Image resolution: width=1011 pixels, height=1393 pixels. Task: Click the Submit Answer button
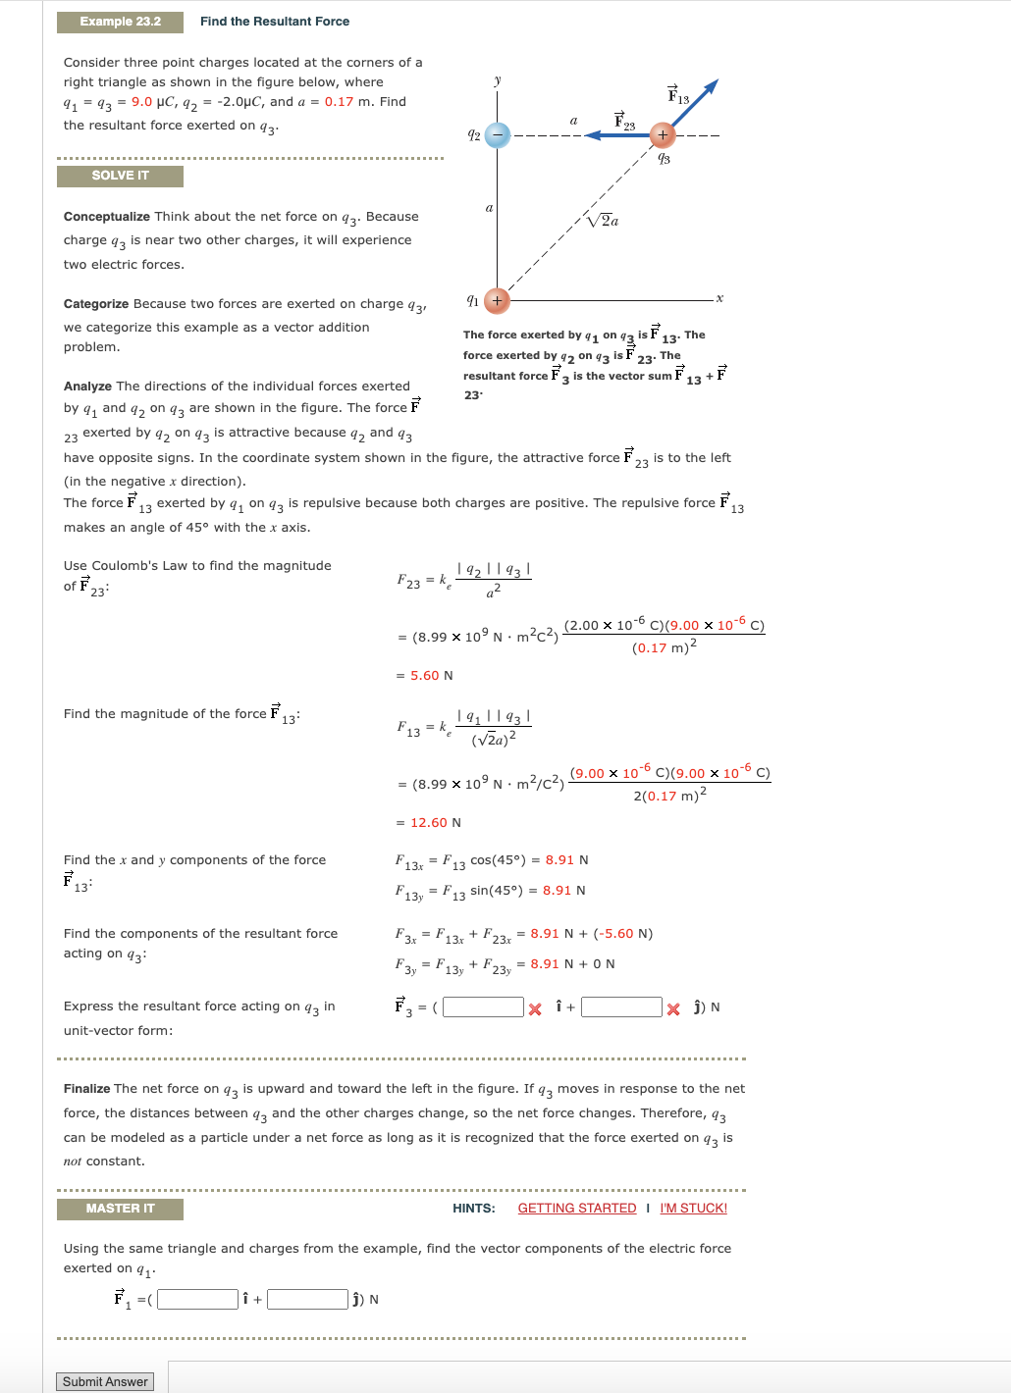(105, 1381)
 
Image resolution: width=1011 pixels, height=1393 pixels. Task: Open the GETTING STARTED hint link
(576, 1208)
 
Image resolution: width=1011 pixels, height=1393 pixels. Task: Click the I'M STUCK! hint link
(693, 1208)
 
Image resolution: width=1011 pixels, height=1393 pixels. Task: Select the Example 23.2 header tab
(120, 22)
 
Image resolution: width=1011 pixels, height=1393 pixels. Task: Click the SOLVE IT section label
(120, 176)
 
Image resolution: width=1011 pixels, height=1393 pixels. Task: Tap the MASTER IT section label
(120, 1209)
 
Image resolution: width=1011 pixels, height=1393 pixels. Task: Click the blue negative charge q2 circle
(498, 135)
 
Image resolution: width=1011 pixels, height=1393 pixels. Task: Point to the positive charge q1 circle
(498, 300)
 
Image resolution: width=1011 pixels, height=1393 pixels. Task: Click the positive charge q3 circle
(663, 135)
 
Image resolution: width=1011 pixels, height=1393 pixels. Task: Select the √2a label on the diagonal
(603, 220)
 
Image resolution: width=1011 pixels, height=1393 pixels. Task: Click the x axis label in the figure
(719, 298)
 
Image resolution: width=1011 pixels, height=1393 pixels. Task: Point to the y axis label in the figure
(498, 80)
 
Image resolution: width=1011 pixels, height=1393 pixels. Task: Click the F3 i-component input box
(483, 1007)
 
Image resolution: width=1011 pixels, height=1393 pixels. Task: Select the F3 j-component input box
(621, 1007)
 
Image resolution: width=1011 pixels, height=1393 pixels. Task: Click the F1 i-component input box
(197, 1299)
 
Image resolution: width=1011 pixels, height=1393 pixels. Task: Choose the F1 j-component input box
(307, 1299)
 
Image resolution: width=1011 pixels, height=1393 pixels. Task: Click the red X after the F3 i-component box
(535, 1009)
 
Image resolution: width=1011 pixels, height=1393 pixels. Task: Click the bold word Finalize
(86, 1089)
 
